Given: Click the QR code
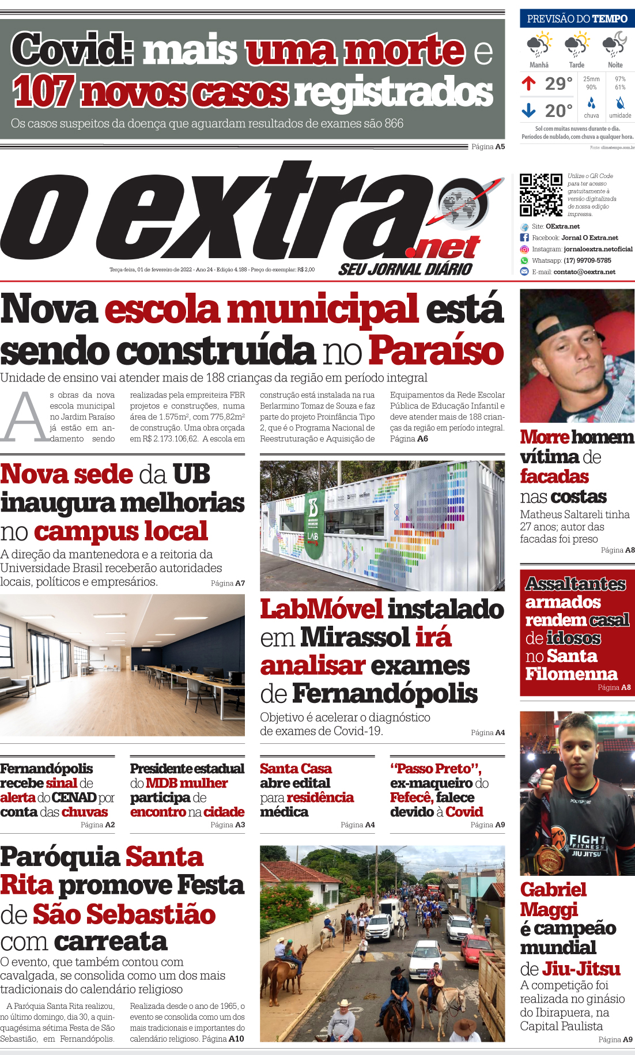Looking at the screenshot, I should pyautogui.click(x=540, y=195).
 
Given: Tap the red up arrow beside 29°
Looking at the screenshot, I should pyautogui.click(x=528, y=84).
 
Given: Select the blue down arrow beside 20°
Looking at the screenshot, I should pyautogui.click(x=528, y=109).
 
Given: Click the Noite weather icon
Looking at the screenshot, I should pyautogui.click(x=615, y=44).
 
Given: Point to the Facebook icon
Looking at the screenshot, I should pyautogui.click(x=524, y=237).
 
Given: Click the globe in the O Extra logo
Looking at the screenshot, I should pyautogui.click(x=462, y=203).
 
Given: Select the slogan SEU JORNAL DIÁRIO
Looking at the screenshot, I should pyautogui.click(x=405, y=269).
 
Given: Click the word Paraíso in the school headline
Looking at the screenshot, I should pyautogui.click(x=436, y=350).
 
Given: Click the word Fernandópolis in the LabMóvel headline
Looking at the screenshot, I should pyautogui.click(x=384, y=693).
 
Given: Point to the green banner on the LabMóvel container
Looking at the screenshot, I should pyautogui.click(x=313, y=524).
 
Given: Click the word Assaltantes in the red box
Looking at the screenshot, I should pyautogui.click(x=575, y=584).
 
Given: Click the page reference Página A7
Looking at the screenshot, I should pyautogui.click(x=228, y=583).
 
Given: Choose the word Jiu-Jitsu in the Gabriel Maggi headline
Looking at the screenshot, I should pyautogui.click(x=581, y=969).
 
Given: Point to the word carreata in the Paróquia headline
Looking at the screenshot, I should pyautogui.click(x=111, y=941).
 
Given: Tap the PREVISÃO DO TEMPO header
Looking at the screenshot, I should pyautogui.click(x=577, y=18).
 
